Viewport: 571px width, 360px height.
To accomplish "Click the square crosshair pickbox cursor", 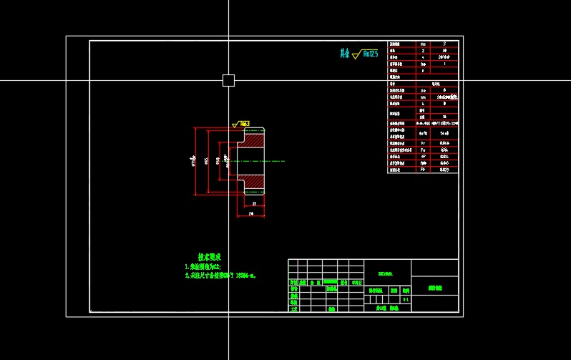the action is (x=228, y=80).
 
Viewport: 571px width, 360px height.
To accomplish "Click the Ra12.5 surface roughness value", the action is (x=370, y=53).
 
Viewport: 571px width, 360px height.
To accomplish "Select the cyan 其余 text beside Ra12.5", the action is (x=345, y=53).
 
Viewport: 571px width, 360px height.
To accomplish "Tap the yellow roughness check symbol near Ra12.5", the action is (x=356, y=53).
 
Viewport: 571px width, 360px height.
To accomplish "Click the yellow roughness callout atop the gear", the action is (x=241, y=125).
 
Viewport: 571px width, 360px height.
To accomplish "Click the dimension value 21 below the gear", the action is (x=254, y=204).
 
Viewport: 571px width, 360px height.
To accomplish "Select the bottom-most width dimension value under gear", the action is (x=251, y=214).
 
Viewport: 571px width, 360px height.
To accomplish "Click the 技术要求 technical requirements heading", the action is (x=210, y=256).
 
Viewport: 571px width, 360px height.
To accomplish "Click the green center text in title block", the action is (x=385, y=273).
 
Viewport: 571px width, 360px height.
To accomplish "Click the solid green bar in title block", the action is (x=331, y=282).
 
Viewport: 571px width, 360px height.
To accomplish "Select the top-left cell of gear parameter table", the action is (x=401, y=44).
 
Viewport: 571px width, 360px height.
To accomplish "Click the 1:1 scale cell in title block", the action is (x=406, y=301).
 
